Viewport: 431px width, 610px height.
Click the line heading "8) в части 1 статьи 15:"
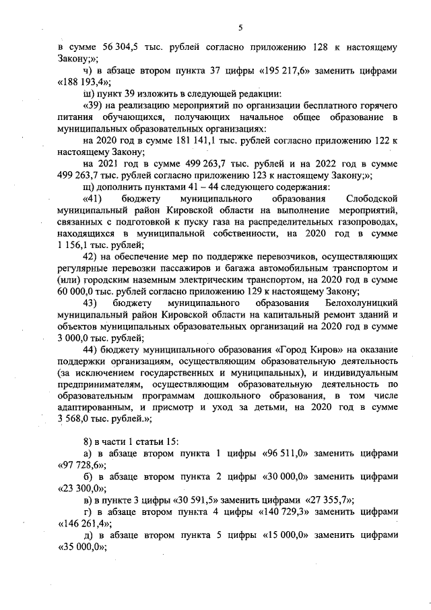[129, 441]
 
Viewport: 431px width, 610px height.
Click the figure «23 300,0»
[75, 488]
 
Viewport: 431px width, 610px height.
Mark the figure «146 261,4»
[79, 523]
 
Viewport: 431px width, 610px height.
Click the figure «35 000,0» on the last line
[75, 547]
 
